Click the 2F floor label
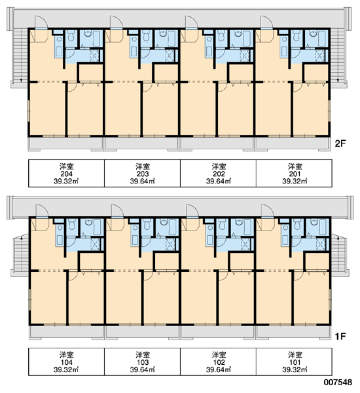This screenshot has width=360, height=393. [x=340, y=143]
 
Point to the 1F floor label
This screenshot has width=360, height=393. [x=340, y=336]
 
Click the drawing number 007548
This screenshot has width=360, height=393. [x=338, y=383]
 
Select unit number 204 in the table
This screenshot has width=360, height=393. [x=66, y=174]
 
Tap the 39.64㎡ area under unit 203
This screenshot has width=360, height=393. [x=142, y=181]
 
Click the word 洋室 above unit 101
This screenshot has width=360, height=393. [x=295, y=355]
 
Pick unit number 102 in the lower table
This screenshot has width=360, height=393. [x=219, y=362]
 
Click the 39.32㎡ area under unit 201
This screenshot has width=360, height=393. [x=295, y=181]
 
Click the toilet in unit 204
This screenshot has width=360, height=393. [x=71, y=35]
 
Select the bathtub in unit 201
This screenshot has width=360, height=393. [x=323, y=39]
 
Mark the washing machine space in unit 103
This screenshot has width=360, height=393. [x=170, y=244]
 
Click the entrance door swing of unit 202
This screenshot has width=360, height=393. [x=192, y=22]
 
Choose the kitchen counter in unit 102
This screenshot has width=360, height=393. [x=210, y=235]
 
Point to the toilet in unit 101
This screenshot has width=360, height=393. [x=297, y=224]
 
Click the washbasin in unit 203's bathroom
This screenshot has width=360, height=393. [x=162, y=33]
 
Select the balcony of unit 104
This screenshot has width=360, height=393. [x=66, y=332]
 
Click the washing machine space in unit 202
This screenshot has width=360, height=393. [x=245, y=55]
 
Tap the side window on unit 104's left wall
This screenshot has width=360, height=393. [x=29, y=300]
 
